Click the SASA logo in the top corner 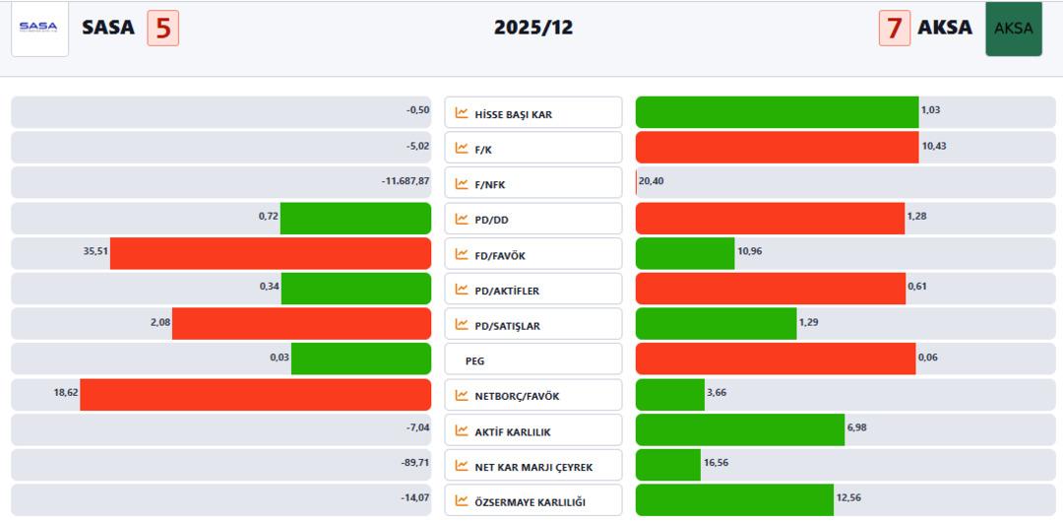click(x=39, y=29)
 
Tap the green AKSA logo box click(x=1013, y=29)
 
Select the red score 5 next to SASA click(x=163, y=29)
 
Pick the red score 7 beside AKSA click(x=894, y=29)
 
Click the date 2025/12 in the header click(x=533, y=28)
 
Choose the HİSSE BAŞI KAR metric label click(x=513, y=114)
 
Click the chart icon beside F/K click(x=462, y=149)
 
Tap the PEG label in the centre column click(x=474, y=361)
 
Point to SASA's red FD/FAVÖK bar click(x=271, y=253)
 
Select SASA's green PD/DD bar click(x=355, y=218)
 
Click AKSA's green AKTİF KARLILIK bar click(x=739, y=429)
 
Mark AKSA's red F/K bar click(x=777, y=147)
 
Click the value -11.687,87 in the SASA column click(x=406, y=181)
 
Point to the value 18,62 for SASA click(x=66, y=393)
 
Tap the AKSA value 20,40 click(x=651, y=181)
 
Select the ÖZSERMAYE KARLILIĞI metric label click(x=530, y=502)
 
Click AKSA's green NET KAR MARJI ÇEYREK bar click(x=668, y=465)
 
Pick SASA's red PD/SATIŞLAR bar click(x=301, y=324)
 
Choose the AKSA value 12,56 click(x=848, y=498)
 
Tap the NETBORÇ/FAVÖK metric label click(x=517, y=396)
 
